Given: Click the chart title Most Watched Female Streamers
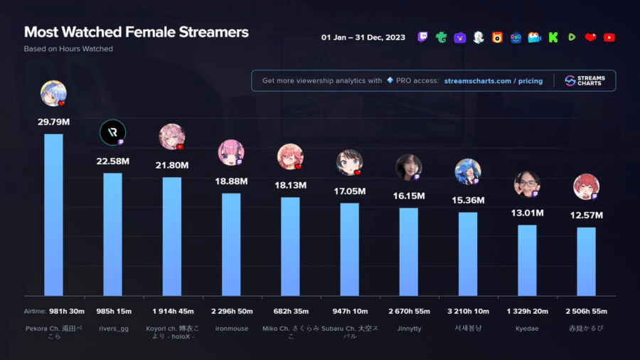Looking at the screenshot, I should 137,32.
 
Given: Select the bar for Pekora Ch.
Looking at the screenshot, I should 53,213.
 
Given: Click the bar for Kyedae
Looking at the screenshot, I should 527,260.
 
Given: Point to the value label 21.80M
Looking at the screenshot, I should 172,165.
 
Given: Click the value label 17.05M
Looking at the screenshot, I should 349,191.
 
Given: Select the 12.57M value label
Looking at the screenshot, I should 586,215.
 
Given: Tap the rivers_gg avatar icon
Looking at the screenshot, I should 112,133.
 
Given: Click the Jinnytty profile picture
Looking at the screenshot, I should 408,167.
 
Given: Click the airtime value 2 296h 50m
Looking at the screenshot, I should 231,311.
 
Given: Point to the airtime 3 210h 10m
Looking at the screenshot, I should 468,311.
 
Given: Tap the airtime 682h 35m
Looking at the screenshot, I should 290,311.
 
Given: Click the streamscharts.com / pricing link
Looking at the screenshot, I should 493,81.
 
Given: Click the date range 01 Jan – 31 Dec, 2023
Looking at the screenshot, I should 363,37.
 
